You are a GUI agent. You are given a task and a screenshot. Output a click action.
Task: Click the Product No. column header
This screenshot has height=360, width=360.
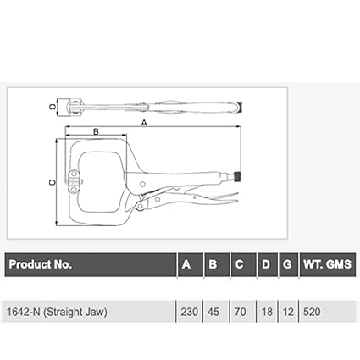pyautogui.click(x=41, y=264)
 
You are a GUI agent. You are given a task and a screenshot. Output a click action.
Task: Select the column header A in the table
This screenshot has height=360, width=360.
pyautogui.click(x=186, y=264)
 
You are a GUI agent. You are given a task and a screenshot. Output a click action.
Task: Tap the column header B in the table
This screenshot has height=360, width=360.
pyautogui.click(x=213, y=264)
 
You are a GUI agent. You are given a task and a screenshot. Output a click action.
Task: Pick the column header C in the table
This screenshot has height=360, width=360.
pyautogui.click(x=239, y=264)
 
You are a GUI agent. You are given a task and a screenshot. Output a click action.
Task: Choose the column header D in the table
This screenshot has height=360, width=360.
pyautogui.click(x=266, y=264)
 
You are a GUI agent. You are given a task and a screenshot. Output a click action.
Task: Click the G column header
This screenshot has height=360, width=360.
pyautogui.click(x=287, y=264)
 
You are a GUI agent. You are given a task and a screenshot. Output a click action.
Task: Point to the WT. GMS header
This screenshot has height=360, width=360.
pyautogui.click(x=328, y=264)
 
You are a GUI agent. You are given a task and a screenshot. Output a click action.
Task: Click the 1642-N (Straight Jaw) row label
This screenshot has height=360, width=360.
pyautogui.click(x=57, y=312)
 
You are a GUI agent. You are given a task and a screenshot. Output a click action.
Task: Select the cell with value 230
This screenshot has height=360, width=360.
pyautogui.click(x=190, y=312)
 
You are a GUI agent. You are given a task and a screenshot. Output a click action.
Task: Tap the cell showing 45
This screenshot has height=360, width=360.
pyautogui.click(x=213, y=312)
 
